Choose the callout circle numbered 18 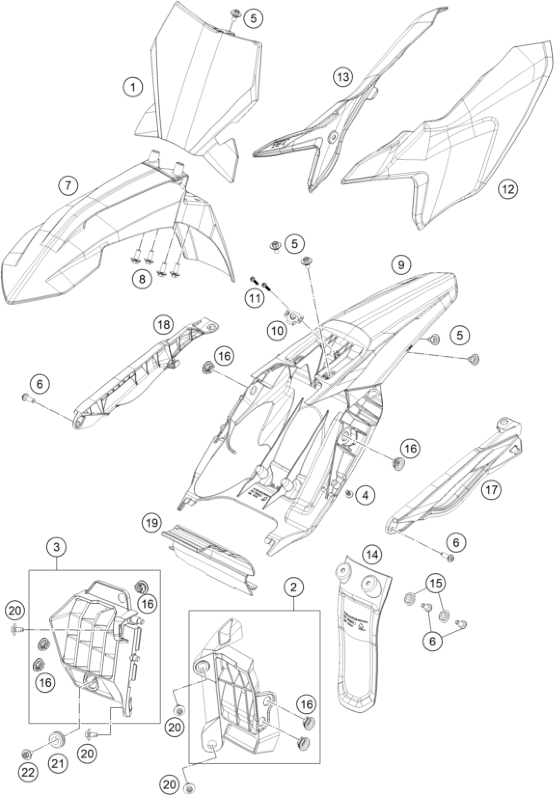[164, 325]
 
